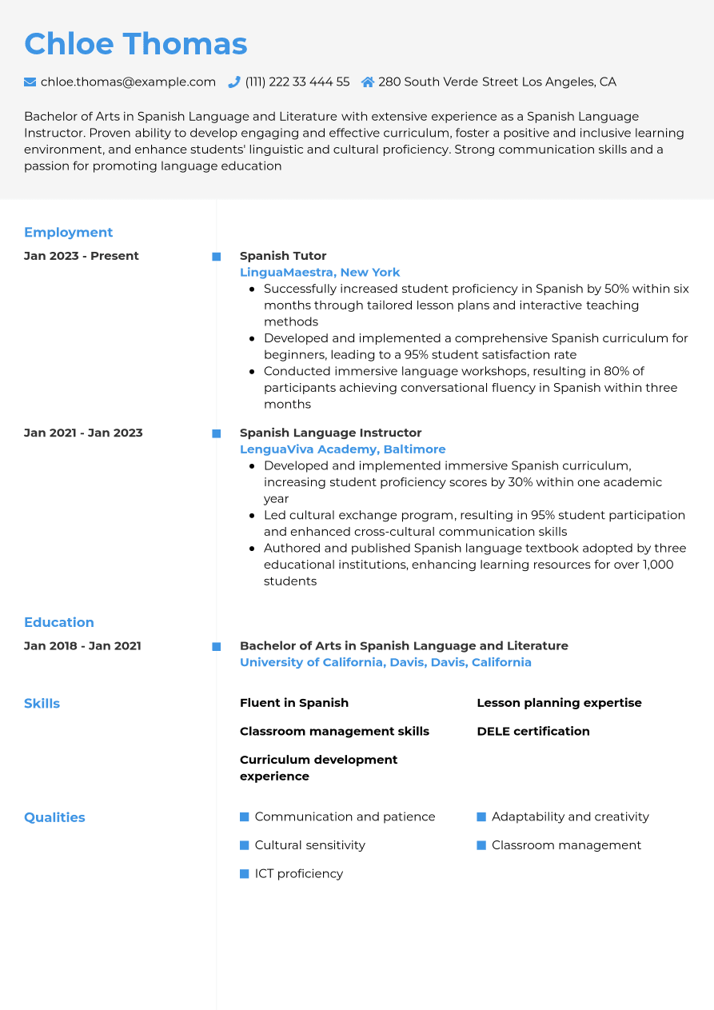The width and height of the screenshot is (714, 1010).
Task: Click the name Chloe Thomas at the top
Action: click(136, 44)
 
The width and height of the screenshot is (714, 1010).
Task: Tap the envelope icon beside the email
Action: click(30, 82)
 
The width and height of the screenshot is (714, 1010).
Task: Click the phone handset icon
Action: click(234, 82)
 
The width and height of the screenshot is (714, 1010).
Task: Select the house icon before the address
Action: click(368, 82)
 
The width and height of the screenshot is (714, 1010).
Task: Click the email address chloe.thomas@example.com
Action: click(128, 82)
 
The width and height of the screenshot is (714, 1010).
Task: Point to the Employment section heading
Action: click(69, 233)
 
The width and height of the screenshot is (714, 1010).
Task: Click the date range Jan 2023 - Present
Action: click(82, 256)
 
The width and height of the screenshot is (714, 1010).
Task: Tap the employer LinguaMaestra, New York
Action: click(320, 273)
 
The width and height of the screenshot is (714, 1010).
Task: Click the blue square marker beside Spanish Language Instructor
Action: click(216, 433)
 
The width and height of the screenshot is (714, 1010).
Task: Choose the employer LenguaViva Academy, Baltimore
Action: click(342, 449)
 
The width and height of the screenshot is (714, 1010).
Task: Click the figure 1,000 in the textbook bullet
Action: click(657, 565)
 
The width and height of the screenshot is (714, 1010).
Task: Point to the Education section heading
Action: click(59, 622)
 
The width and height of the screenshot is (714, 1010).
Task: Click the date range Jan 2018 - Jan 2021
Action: click(82, 646)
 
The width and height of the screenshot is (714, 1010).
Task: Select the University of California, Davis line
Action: click(385, 662)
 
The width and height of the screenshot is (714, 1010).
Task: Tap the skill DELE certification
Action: click(533, 731)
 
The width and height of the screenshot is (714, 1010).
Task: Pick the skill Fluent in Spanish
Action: click(294, 703)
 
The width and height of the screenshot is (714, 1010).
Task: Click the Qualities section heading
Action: click(54, 817)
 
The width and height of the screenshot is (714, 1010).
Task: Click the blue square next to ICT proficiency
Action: click(245, 874)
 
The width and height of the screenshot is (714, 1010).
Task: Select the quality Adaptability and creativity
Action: click(570, 816)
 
